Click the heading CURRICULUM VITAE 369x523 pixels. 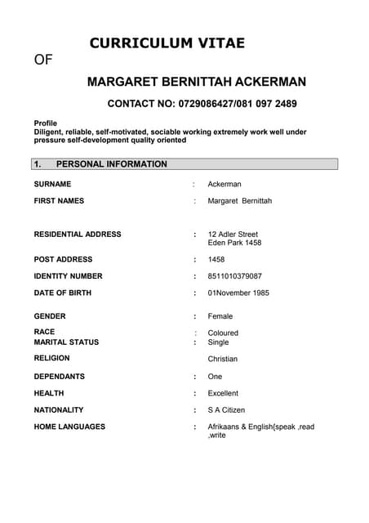(167, 43)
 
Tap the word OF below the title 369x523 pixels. (43, 60)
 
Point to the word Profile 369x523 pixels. (46, 123)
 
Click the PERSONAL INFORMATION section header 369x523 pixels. (111, 164)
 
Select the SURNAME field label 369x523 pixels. (52, 184)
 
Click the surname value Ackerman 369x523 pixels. (225, 184)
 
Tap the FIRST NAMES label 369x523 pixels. (59, 200)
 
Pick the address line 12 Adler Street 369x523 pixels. (233, 234)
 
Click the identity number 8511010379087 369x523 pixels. (235, 276)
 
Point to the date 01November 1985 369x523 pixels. (238, 293)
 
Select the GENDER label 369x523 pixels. (50, 315)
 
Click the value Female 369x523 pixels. (220, 316)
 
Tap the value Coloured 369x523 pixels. (223, 333)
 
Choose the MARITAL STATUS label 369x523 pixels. (66, 342)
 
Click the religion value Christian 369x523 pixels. (223, 359)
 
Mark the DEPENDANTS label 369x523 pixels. (59, 377)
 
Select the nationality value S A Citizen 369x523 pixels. (226, 409)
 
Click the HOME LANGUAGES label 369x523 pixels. (69, 427)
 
